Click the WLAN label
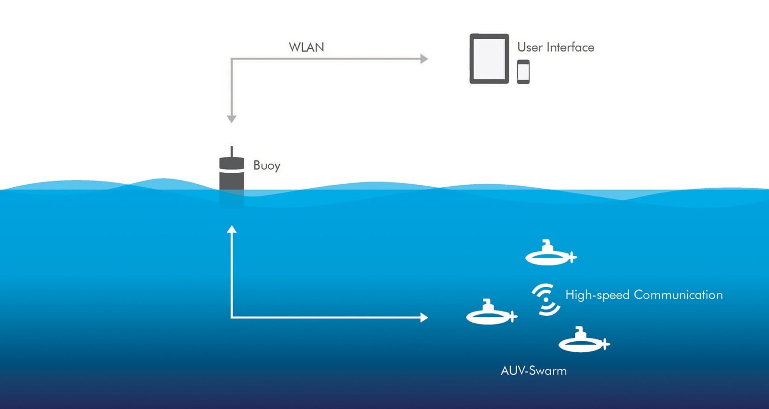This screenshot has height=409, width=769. pyautogui.click(x=306, y=47)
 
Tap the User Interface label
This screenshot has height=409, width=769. pyautogui.click(x=556, y=47)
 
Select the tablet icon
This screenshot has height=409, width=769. pyautogui.click(x=489, y=59)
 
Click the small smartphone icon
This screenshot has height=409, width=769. pyautogui.click(x=523, y=72)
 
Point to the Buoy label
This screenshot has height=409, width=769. pyautogui.click(x=267, y=166)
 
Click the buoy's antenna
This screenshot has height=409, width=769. pyautogui.click(x=232, y=151)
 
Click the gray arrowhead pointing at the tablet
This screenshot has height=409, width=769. pyautogui.click(x=424, y=59)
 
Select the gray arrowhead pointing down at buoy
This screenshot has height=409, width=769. pyautogui.click(x=232, y=118)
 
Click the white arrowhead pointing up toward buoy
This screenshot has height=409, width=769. pyautogui.click(x=232, y=229)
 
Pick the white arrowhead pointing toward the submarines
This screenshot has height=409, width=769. pyautogui.click(x=424, y=317)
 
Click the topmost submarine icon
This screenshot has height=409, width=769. pyautogui.click(x=550, y=255)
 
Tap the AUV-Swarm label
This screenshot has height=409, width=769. pyautogui.click(x=533, y=371)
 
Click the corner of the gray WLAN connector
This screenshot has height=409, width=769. pyautogui.click(x=232, y=59)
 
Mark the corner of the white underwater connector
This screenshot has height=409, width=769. pyautogui.click(x=232, y=317)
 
